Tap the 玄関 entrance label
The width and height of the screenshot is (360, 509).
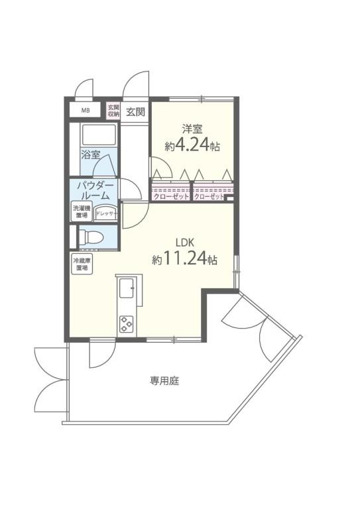coord(135,111)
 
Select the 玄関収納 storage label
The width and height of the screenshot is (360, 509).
coord(113,111)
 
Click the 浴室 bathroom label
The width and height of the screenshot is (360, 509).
coord(90,156)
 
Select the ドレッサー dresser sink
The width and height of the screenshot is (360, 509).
coord(106,213)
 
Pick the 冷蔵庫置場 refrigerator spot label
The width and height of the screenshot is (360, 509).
coord(82,264)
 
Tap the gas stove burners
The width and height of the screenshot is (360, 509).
coord(126,324)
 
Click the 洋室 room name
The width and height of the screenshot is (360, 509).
coord(193,130)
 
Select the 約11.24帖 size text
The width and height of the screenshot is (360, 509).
coord(185,259)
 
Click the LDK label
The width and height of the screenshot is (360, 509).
coord(184,242)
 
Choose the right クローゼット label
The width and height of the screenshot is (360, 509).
coord(210,197)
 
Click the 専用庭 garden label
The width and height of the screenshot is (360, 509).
coord(164,381)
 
